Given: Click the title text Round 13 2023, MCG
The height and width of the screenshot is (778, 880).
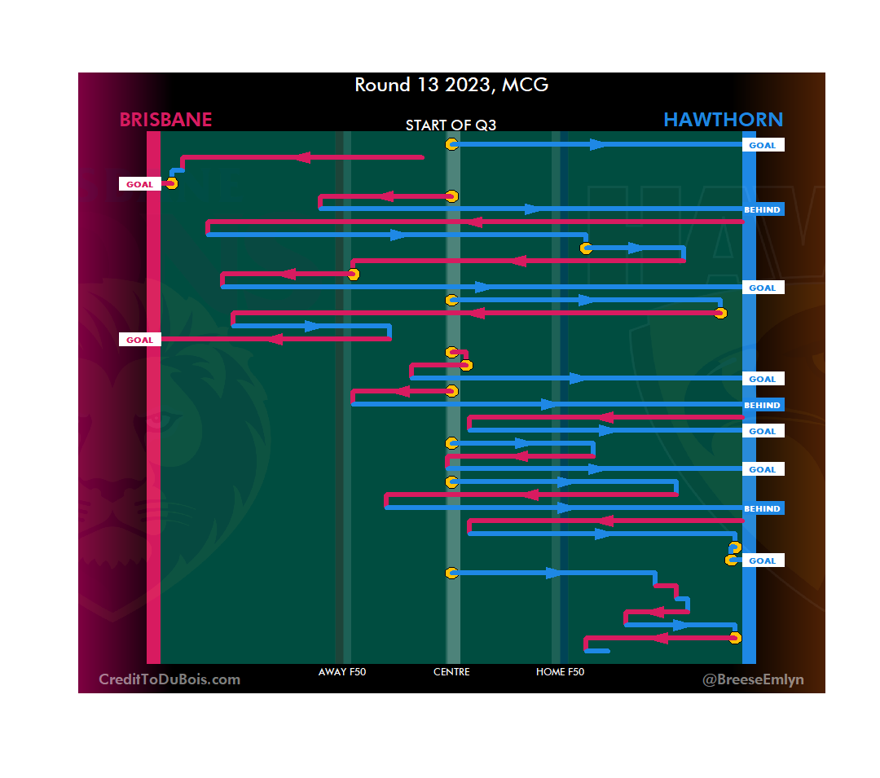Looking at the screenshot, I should point(451,85).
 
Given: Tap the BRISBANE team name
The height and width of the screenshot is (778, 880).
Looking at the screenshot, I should point(165,120).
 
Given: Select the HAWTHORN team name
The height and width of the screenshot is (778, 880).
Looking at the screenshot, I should point(723,120).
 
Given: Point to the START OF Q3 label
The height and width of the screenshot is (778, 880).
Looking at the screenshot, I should point(451,125).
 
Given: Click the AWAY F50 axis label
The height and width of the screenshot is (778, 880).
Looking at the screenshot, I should point(342,672).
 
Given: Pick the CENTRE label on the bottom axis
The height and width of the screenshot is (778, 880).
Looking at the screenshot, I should point(451,672).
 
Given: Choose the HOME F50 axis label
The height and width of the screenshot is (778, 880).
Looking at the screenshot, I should point(560,672).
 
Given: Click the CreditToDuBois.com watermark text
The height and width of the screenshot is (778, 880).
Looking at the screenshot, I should point(169,679).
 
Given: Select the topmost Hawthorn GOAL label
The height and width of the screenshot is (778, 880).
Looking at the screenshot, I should point(763,145).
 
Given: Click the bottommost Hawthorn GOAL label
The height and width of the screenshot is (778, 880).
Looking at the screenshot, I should point(763,560).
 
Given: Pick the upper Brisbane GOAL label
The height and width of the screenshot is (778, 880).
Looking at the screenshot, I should point(139,184).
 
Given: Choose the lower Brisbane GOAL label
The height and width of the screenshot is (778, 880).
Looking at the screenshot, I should point(139,340).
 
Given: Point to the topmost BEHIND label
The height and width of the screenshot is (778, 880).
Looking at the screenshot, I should point(763,209).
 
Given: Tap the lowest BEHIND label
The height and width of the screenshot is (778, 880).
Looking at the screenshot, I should point(763,508).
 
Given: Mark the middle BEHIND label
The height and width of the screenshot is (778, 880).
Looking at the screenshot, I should point(763,405).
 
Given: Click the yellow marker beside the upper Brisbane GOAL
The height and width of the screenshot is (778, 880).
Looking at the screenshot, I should point(170,183).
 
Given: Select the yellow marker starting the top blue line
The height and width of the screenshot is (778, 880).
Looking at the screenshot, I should point(451,144).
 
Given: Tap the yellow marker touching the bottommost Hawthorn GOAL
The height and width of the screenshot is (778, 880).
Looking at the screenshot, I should point(733,560).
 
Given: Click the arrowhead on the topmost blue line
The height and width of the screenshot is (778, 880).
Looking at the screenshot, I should point(598,144).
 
